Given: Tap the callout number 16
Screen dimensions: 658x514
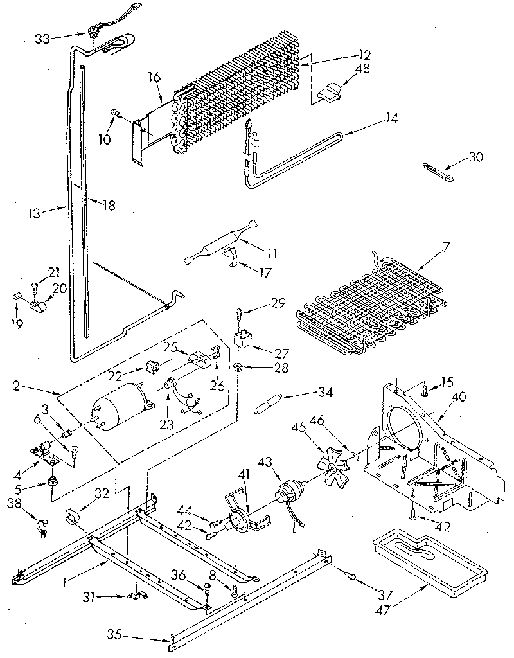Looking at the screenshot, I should (154, 77).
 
